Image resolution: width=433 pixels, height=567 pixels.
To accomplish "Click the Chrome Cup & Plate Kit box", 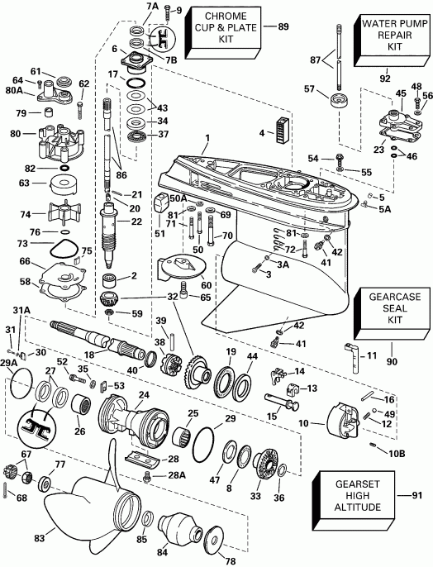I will click(x=226, y=27).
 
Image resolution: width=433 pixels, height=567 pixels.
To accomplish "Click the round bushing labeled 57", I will click(x=339, y=103).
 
